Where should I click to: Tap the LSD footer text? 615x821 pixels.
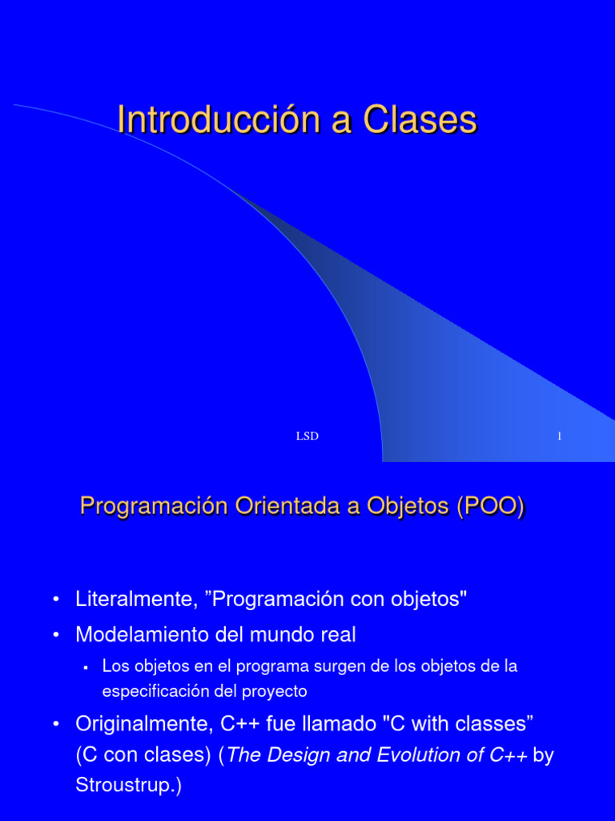[x=307, y=436]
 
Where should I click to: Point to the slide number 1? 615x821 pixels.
[x=559, y=436]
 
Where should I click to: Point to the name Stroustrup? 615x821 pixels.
[x=124, y=786]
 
